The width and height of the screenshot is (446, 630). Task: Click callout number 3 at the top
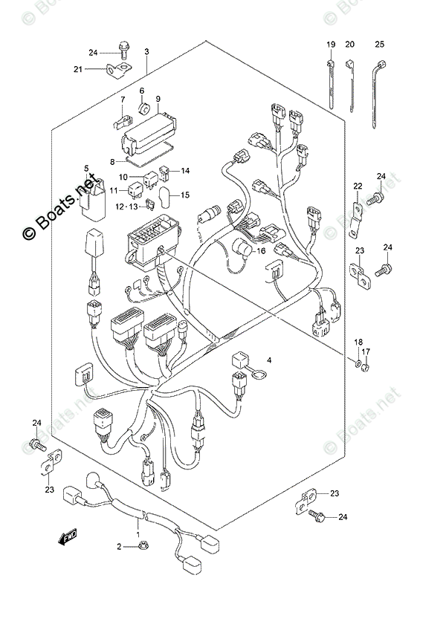[x=146, y=51]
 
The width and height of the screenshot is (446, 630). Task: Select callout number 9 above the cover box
[x=158, y=99]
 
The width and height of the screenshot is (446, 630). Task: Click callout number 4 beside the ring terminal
[x=270, y=361]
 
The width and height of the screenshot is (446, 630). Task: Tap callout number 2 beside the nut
[x=118, y=548]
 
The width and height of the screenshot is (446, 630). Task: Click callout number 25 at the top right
[x=380, y=45]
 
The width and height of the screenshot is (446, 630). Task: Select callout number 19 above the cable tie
[x=329, y=45]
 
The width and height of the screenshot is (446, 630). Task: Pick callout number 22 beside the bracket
[x=358, y=186]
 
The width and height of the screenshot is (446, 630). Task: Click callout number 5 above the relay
[x=86, y=169]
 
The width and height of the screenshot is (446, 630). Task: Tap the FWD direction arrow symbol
[x=69, y=535]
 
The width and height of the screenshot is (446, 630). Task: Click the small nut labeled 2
[x=139, y=548]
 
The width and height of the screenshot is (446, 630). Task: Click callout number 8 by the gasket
[x=112, y=161]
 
